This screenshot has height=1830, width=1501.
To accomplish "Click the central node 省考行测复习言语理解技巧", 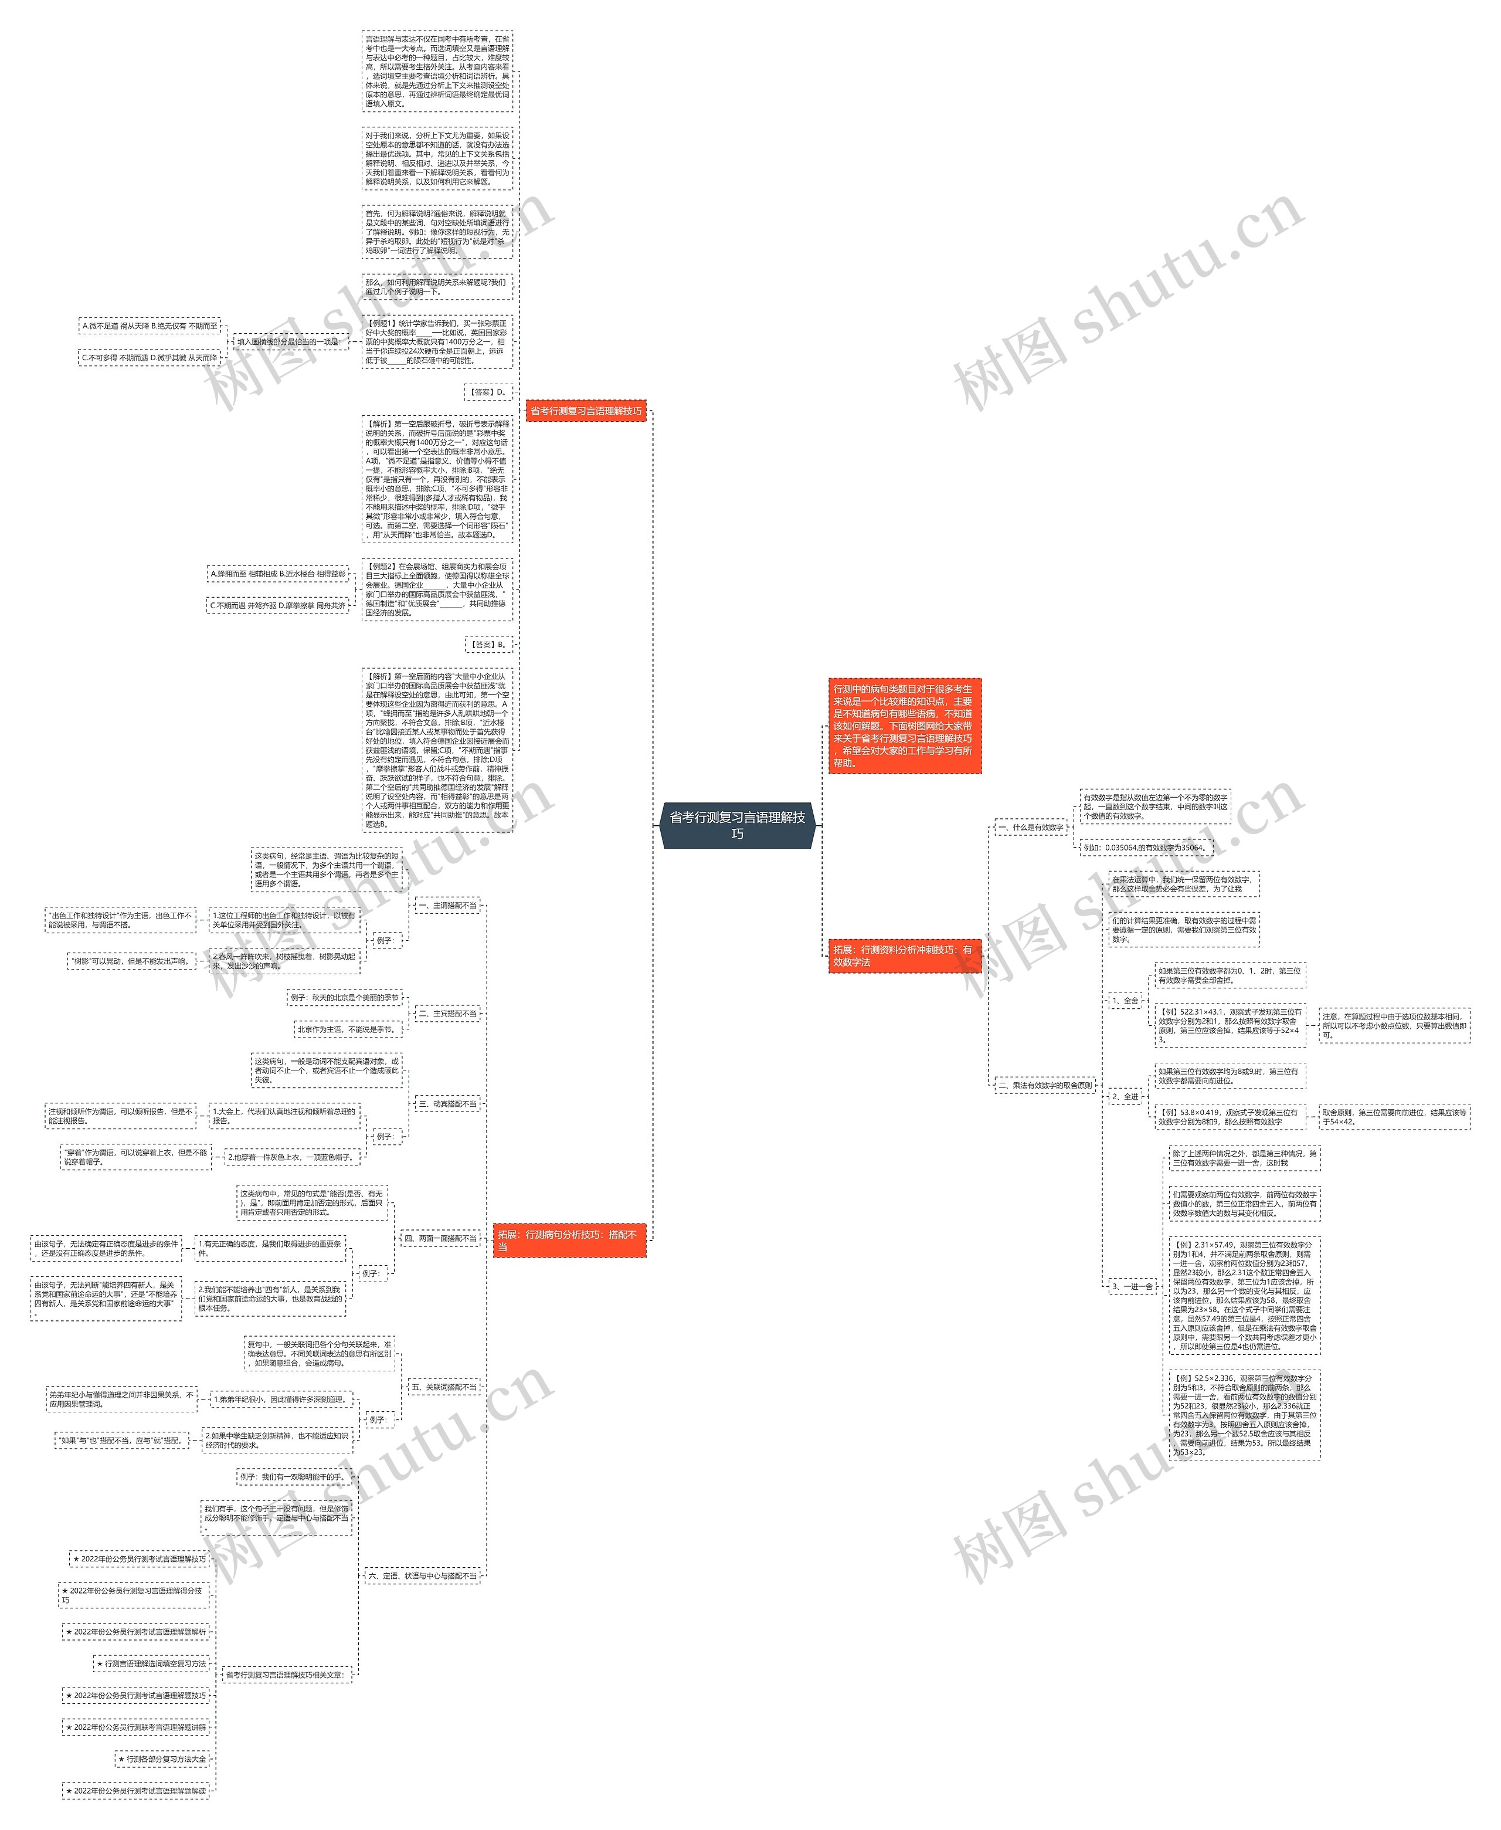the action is [736, 824].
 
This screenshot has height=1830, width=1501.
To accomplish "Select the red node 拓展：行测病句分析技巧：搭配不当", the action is [569, 1240].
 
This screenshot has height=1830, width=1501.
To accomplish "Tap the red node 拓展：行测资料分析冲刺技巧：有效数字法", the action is [904, 955].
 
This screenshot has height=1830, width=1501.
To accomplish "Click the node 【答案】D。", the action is [488, 392].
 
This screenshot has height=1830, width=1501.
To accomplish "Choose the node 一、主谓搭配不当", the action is [447, 906].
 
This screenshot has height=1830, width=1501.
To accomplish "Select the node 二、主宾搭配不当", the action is [447, 1013].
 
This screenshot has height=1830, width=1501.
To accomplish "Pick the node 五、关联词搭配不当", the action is [443, 1387].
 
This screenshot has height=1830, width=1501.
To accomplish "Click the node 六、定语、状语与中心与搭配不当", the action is [422, 1576].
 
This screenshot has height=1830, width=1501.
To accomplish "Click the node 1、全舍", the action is [1125, 1001].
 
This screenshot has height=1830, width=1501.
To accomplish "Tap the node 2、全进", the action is [1125, 1096].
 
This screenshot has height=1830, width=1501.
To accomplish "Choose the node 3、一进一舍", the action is [1132, 1286].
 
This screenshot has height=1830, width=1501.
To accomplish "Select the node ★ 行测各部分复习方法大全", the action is [162, 1758].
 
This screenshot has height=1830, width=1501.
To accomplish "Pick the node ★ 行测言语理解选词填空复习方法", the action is [151, 1663].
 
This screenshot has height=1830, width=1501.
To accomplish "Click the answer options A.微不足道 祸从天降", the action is [150, 326].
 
